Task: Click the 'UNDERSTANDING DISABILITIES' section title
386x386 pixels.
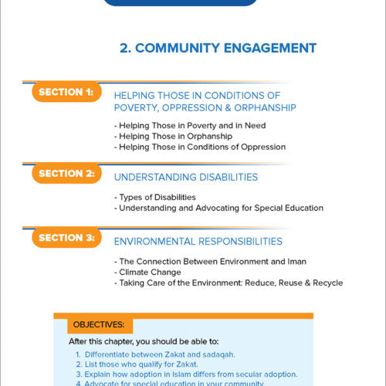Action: point(185,178)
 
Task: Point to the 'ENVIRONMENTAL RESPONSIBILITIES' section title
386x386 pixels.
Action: point(198,242)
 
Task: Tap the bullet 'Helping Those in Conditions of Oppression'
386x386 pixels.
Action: point(199,147)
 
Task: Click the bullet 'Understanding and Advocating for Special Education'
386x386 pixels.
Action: point(218,208)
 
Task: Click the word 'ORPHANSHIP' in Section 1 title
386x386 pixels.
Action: point(261,107)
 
